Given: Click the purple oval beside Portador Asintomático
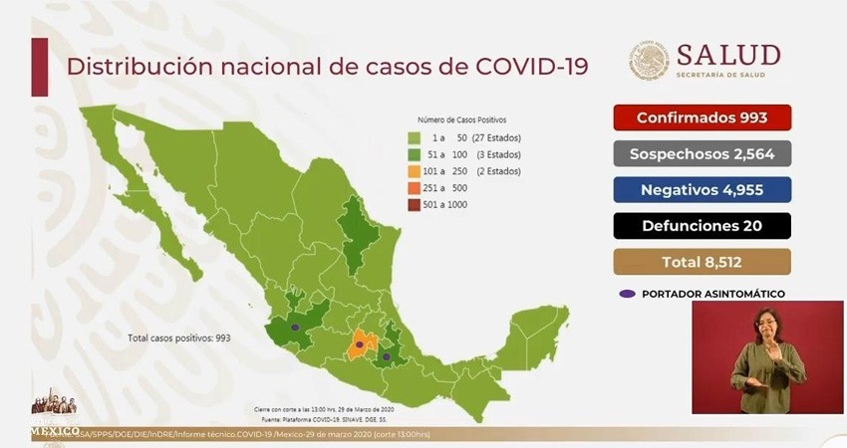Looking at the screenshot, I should click(627, 294).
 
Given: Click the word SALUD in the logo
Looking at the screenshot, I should click(727, 55).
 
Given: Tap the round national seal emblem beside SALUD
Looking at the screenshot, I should click(649, 60).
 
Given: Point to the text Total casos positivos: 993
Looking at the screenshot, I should click(179, 338).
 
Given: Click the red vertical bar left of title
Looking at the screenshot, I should click(40, 67).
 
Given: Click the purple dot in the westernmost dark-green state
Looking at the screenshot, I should click(295, 327).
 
